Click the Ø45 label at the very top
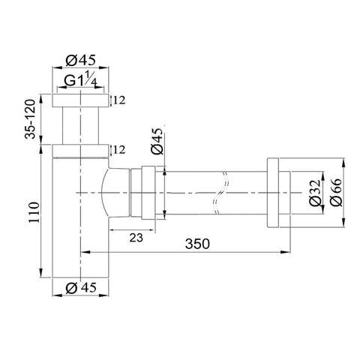tap(80, 60)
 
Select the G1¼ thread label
tap(80, 79)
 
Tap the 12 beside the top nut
tap(119, 100)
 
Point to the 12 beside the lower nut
tap(119, 150)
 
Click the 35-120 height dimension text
tap(31, 119)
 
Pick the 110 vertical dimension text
tap(34, 212)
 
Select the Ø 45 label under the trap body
tap(81, 288)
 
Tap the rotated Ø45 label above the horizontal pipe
tap(157, 141)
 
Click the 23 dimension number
tap(136, 238)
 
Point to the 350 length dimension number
tap(197, 244)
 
